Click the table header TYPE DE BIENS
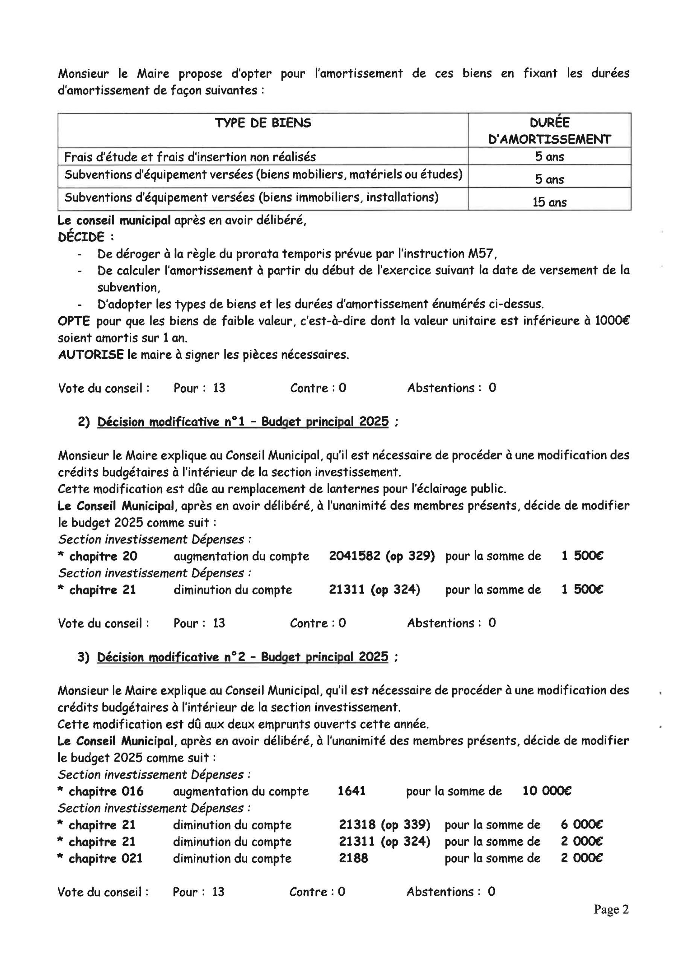263,123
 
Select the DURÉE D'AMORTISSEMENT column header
549,131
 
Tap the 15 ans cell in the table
549,202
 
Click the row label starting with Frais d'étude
190,157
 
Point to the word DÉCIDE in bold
81,237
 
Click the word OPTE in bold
74,321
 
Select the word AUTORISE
91,355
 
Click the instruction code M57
482,254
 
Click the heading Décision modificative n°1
243,422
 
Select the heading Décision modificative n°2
243,657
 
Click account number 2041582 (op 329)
382,556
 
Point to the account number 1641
352,791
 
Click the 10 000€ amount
547,791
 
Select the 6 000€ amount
582,825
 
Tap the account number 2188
353,858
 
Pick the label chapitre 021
105,858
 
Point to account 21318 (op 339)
385,825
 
